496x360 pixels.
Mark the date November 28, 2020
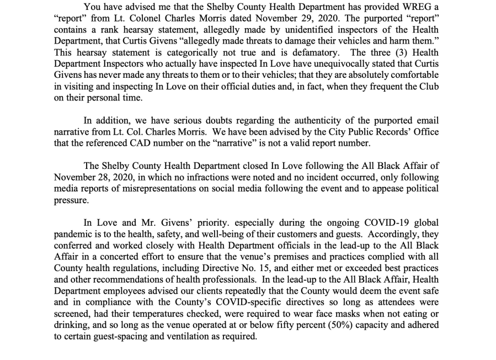coord(94,178)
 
